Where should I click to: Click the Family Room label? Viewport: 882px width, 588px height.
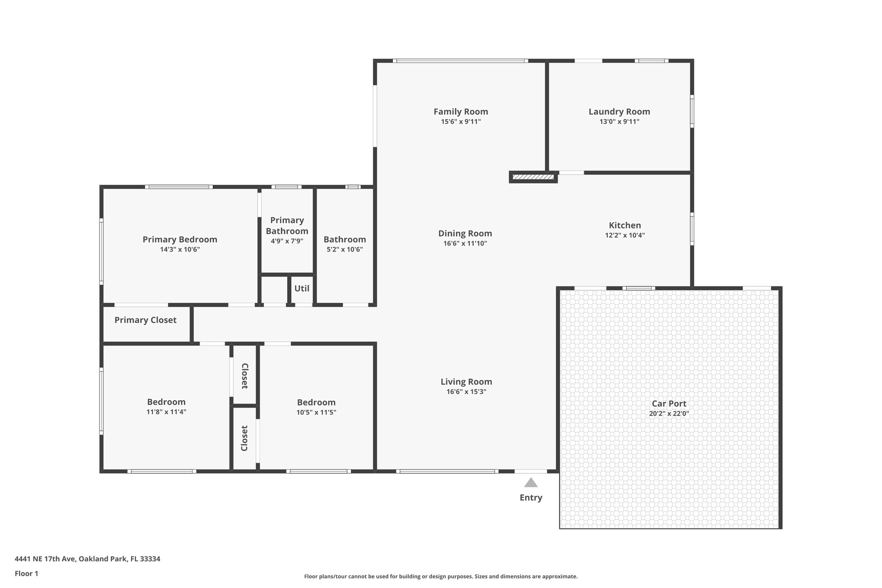pos(460,112)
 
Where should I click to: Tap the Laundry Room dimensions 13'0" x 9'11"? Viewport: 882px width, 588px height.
pos(619,122)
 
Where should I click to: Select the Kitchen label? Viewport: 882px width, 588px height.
pos(624,225)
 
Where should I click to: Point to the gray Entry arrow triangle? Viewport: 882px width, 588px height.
pos(531,482)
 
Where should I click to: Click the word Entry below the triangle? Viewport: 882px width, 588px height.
pos(531,498)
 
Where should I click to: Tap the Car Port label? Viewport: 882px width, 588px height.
pos(669,404)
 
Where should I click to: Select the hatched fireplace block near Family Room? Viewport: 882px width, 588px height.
pos(533,177)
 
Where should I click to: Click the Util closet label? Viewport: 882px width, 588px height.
pos(301,289)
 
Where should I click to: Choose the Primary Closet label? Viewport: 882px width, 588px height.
pos(145,320)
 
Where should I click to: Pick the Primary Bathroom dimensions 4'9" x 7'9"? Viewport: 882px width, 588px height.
pos(287,241)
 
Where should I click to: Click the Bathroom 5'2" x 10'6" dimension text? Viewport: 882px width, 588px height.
pos(345,249)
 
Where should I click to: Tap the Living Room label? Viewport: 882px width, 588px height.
pos(466,382)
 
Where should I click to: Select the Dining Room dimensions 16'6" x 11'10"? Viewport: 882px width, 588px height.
pos(465,243)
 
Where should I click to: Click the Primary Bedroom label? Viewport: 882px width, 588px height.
pos(180,240)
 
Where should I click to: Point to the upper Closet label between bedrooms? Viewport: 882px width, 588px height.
pos(245,376)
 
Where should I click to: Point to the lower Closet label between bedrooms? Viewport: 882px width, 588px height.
pos(245,438)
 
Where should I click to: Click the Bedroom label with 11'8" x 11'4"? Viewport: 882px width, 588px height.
pos(166,402)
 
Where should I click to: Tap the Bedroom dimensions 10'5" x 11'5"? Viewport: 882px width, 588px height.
pos(316,412)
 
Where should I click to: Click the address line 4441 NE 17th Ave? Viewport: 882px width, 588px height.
pos(87,559)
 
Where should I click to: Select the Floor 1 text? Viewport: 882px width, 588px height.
pos(26,574)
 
